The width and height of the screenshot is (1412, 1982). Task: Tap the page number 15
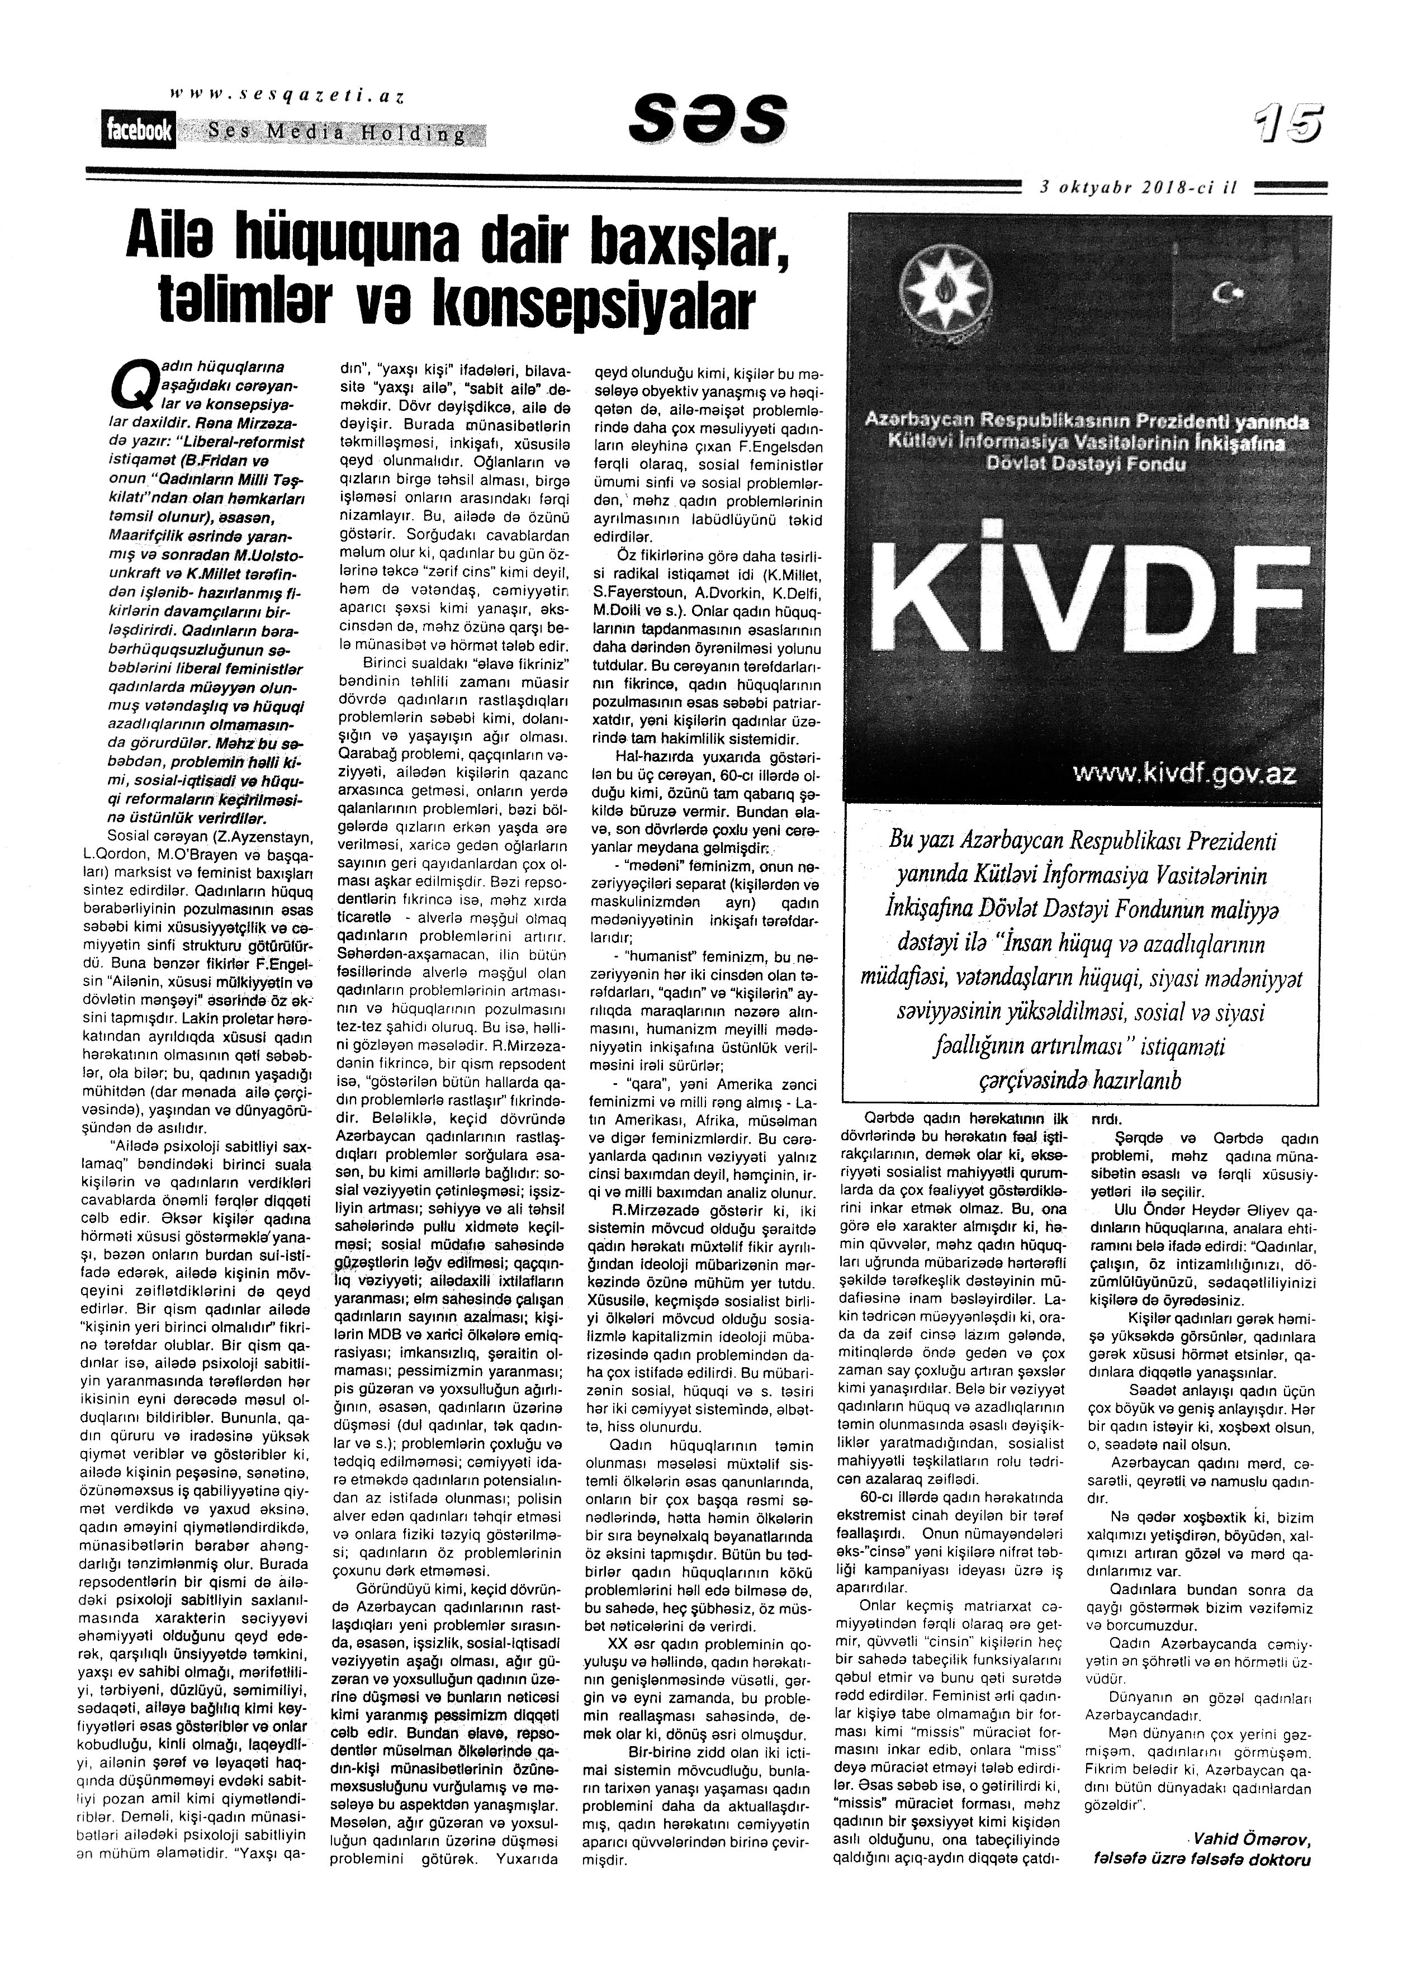[x=1288, y=124]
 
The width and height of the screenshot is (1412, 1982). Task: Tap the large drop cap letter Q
[x=130, y=383]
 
